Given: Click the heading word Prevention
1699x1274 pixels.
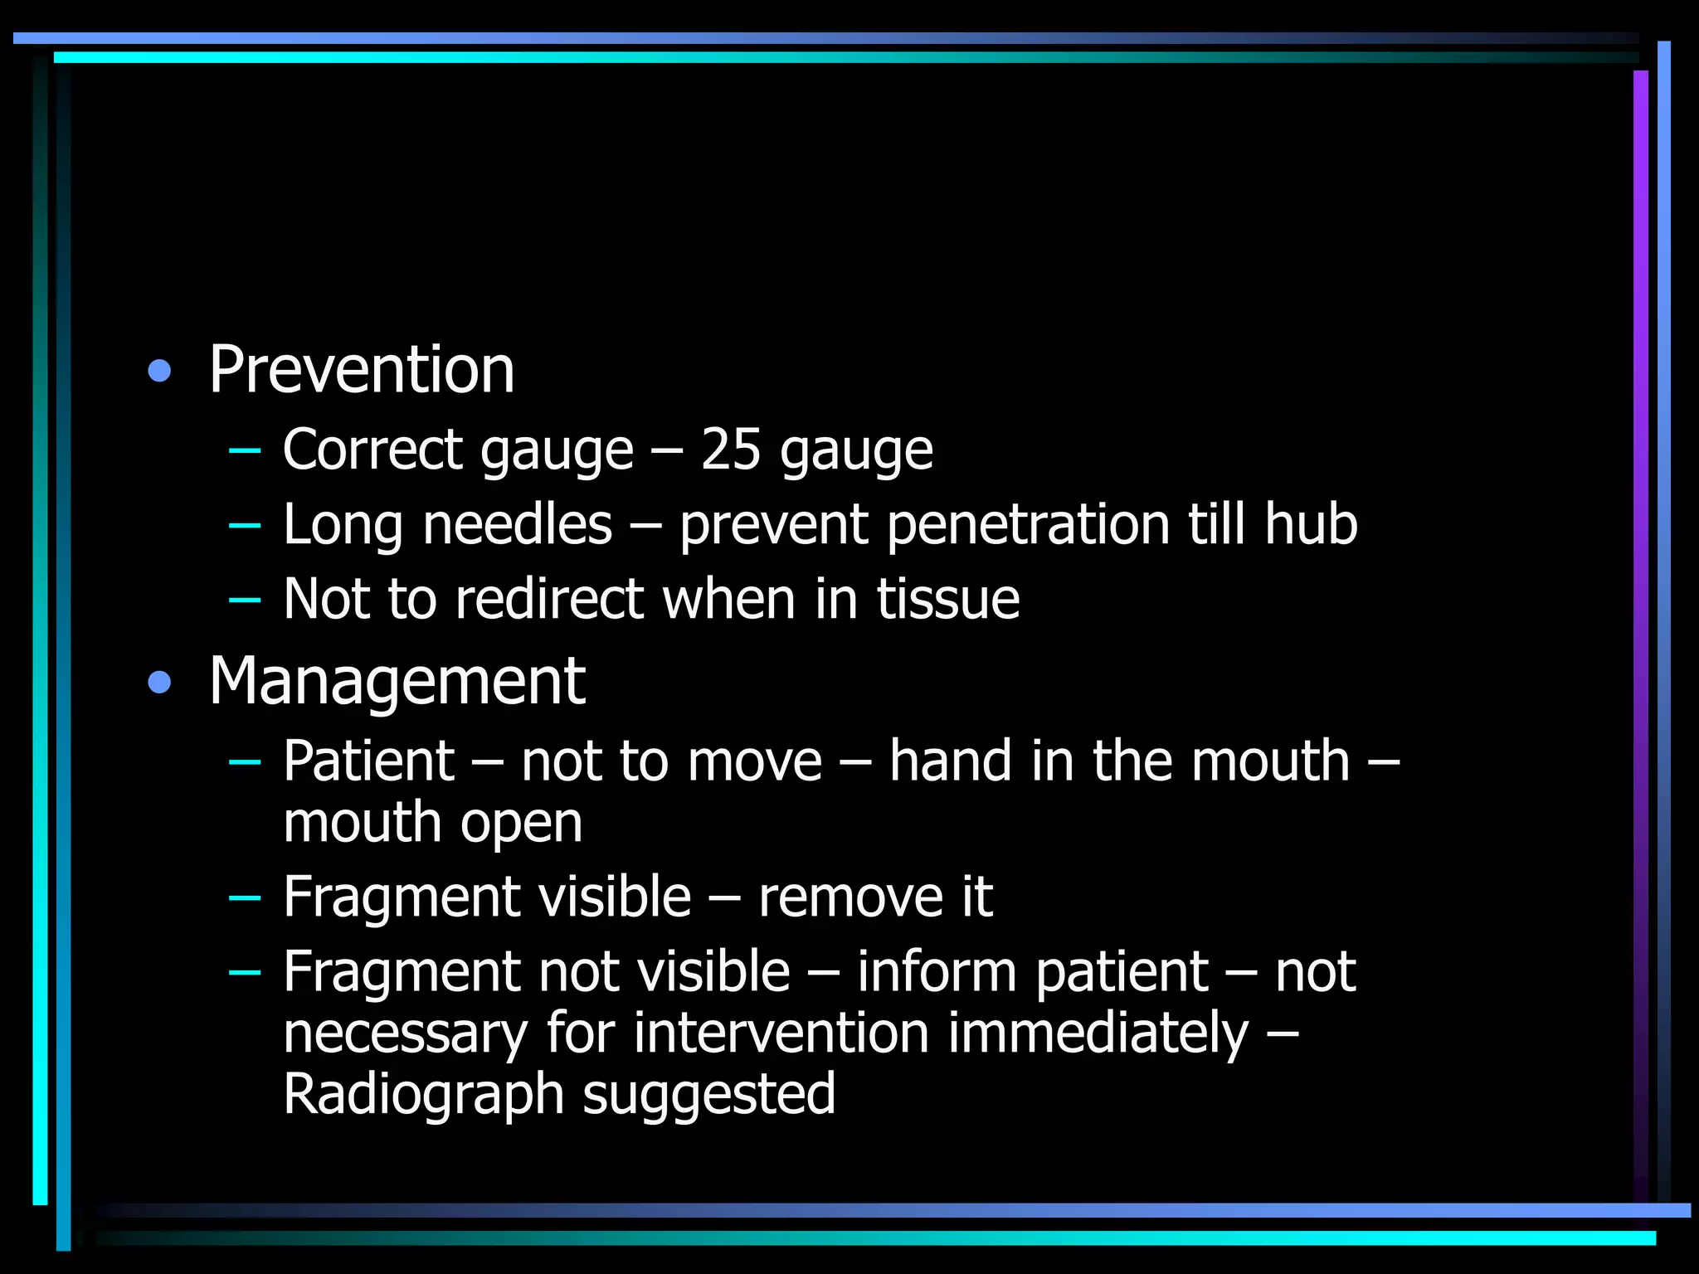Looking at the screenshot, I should pyautogui.click(x=362, y=370).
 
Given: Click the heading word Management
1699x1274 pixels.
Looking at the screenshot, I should pyautogui.click(x=397, y=682).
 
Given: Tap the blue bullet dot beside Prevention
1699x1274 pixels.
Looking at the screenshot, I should pyautogui.click(x=159, y=371).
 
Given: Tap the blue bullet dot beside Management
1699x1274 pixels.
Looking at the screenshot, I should pyautogui.click(x=159, y=683).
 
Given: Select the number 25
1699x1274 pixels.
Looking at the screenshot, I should pyautogui.click(x=731, y=450).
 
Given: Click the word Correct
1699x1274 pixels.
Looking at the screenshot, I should pyautogui.click(x=372, y=450).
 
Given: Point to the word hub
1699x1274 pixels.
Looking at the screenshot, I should pyautogui.click(x=1311, y=524).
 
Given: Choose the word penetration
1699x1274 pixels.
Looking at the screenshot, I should pyautogui.click(x=1029, y=526).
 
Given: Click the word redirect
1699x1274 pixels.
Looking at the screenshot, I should pyautogui.click(x=549, y=599).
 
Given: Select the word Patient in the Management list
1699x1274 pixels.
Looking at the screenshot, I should pyautogui.click(x=369, y=761).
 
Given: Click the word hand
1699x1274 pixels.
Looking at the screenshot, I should pyautogui.click(x=951, y=761).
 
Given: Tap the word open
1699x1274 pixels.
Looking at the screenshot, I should pyautogui.click(x=522, y=824).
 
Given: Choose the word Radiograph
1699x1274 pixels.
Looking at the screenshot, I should pyautogui.click(x=424, y=1095).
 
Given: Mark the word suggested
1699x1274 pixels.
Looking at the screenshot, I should pyautogui.click(x=709, y=1095).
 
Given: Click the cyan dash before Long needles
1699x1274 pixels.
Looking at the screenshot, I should pyautogui.click(x=244, y=525).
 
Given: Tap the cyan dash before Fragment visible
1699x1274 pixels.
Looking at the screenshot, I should pyautogui.click(x=244, y=897).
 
